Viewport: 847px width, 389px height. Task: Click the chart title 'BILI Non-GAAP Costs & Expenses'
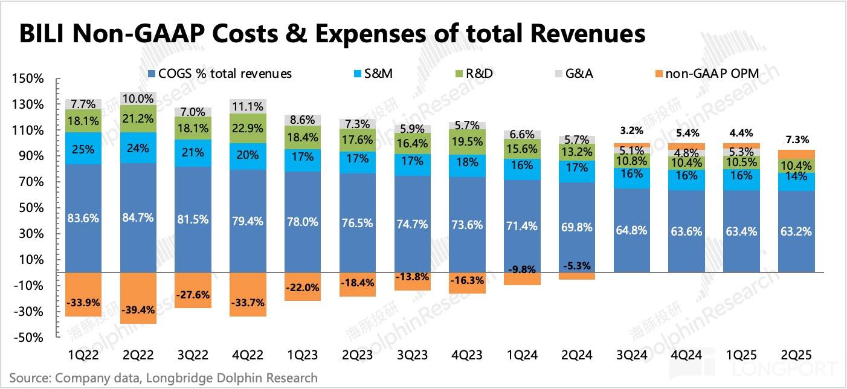[332, 33]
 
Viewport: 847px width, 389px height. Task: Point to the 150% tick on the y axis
[27, 79]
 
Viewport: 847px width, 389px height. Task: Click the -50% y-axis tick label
[27, 338]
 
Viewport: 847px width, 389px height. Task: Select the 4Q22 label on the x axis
[248, 353]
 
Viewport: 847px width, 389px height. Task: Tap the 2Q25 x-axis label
[796, 353]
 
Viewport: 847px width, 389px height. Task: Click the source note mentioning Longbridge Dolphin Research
[163, 378]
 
